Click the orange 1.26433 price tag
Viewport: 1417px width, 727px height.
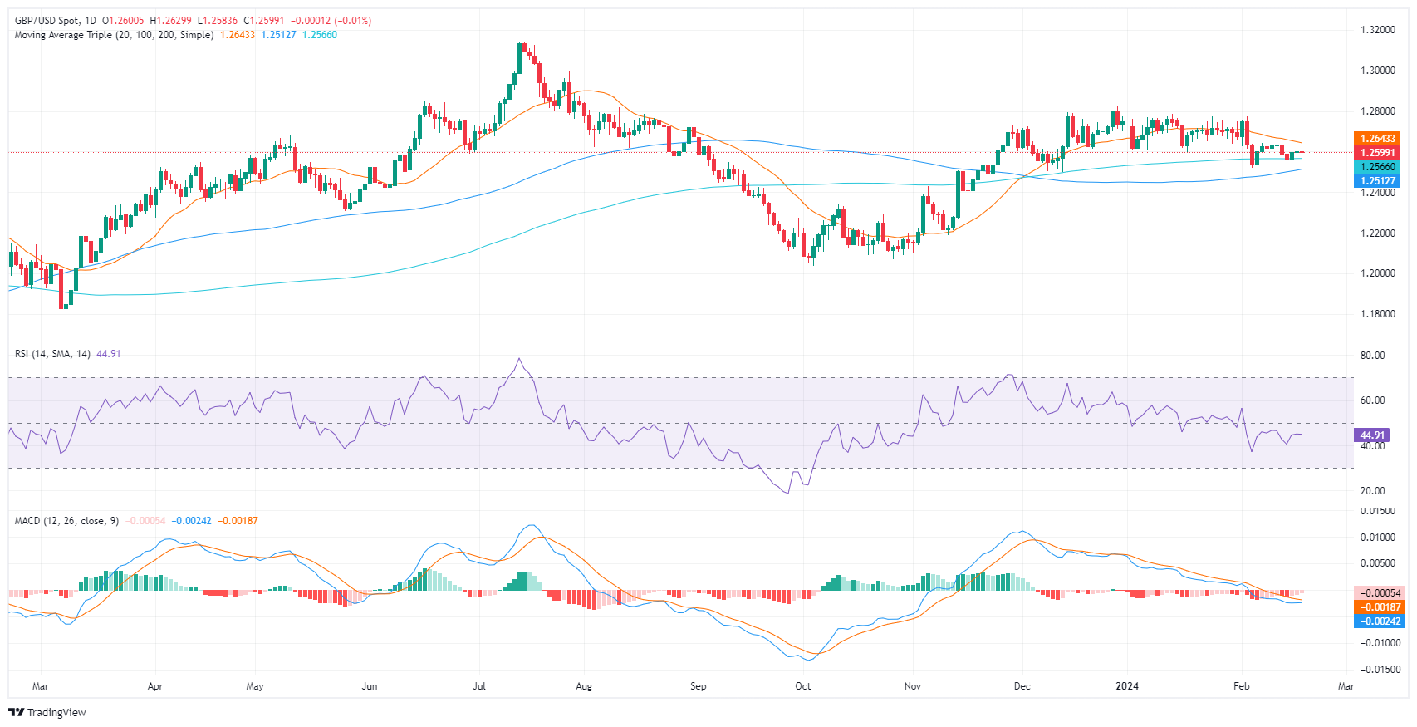pos(1377,139)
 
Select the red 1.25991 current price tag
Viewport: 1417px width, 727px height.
pos(1377,153)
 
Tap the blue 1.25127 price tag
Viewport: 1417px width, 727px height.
pos(1377,181)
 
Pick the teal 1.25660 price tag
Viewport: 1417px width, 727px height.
pos(1377,167)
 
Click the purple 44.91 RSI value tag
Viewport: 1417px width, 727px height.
pos(1370,435)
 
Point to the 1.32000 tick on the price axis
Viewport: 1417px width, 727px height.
pos(1377,30)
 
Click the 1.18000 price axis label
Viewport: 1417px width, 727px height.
pos(1377,314)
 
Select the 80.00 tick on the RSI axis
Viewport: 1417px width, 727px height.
pos(1373,356)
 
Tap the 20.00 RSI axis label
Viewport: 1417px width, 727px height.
pos(1373,491)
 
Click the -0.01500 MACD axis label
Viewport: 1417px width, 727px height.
pos(1379,670)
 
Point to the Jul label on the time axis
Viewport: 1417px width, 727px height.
pos(478,686)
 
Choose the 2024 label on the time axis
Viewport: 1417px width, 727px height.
pos(1127,686)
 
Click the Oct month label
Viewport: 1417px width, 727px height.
pos(802,686)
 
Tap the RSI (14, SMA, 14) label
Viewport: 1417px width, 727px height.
pos(52,354)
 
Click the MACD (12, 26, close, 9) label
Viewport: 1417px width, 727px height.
pos(66,521)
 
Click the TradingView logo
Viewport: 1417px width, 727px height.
pos(47,712)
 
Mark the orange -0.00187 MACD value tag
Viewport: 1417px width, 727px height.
pos(1380,607)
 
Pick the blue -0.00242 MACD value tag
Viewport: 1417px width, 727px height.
pos(1380,621)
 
